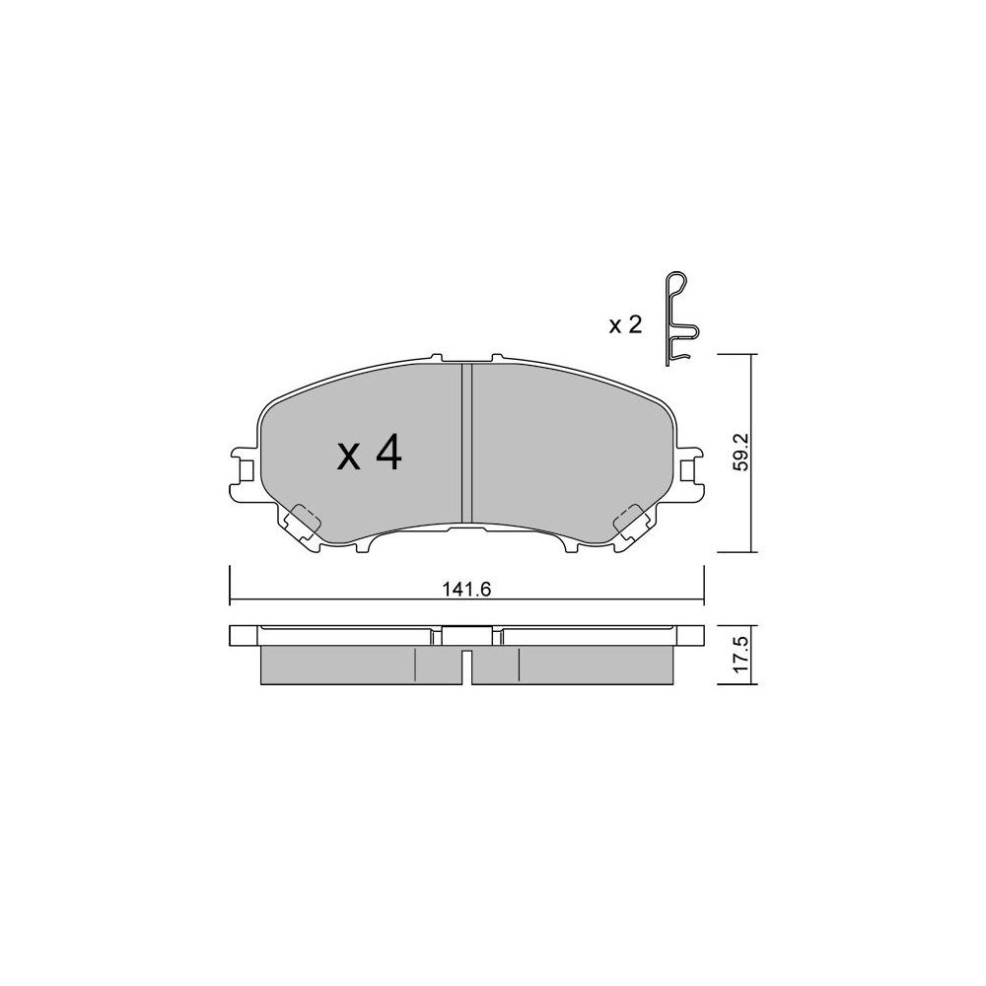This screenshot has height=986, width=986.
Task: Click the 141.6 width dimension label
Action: tap(466, 590)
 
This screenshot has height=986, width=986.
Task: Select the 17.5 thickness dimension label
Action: tap(742, 655)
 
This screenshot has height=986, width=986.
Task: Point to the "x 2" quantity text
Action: tap(625, 325)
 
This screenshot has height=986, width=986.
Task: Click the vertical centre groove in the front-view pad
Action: tap(466, 443)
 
